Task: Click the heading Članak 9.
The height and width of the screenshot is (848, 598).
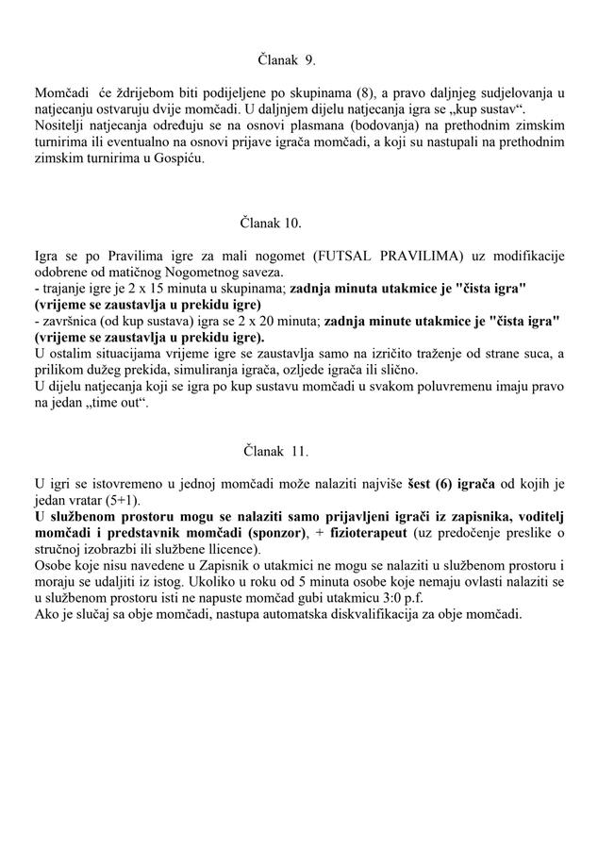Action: [x=287, y=59]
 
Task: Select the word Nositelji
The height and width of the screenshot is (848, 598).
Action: [x=61, y=125]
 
